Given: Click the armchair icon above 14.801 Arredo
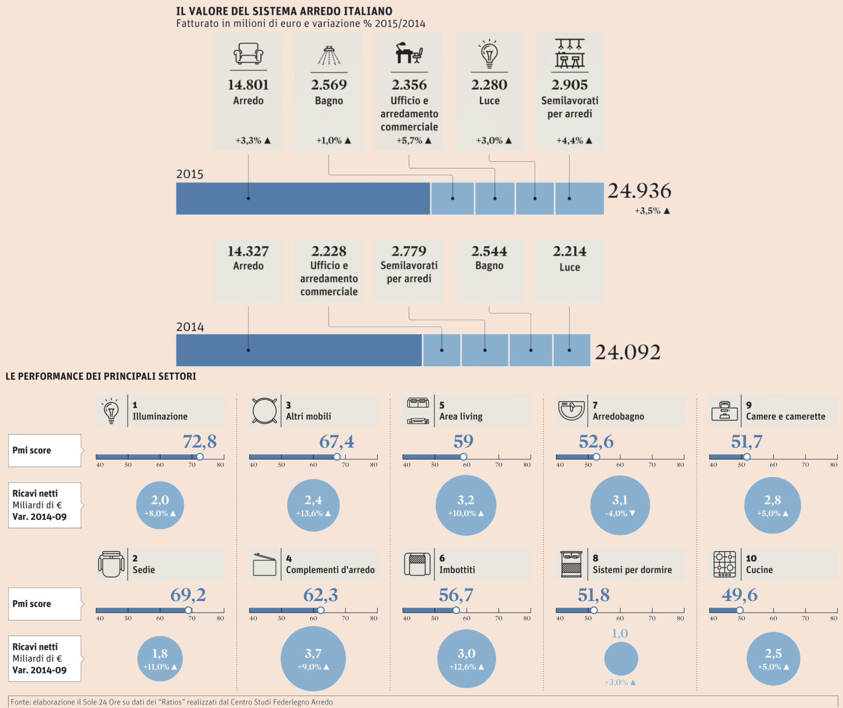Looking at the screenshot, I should pyautogui.click(x=248, y=53).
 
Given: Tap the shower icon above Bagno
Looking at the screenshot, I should pyautogui.click(x=329, y=55).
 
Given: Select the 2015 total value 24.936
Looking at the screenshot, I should pyautogui.click(x=639, y=191).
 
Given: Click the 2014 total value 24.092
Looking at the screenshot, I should pyautogui.click(x=627, y=352).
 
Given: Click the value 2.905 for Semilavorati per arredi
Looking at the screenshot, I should pyautogui.click(x=569, y=85).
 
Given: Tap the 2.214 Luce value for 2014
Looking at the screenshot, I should pyautogui.click(x=569, y=251).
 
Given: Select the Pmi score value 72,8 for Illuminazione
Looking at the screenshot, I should pyautogui.click(x=200, y=441).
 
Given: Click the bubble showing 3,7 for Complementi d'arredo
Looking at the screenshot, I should pyautogui.click(x=313, y=658).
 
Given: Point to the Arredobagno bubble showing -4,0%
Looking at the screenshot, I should pyautogui.click(x=620, y=505).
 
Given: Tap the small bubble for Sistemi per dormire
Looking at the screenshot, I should pyautogui.click(x=621, y=658).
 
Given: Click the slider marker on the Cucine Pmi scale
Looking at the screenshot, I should pyautogui.click(x=739, y=610).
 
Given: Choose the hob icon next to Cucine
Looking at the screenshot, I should pyautogui.click(x=724, y=564).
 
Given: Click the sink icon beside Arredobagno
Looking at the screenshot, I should pyautogui.click(x=571, y=411).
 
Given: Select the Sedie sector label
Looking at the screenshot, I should pyautogui.click(x=144, y=570).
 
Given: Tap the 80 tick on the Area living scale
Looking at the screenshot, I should pyautogui.click(x=527, y=465).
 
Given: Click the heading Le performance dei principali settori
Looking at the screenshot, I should pyautogui.click(x=101, y=376).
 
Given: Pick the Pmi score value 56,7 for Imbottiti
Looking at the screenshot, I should pyautogui.click(x=456, y=595).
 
